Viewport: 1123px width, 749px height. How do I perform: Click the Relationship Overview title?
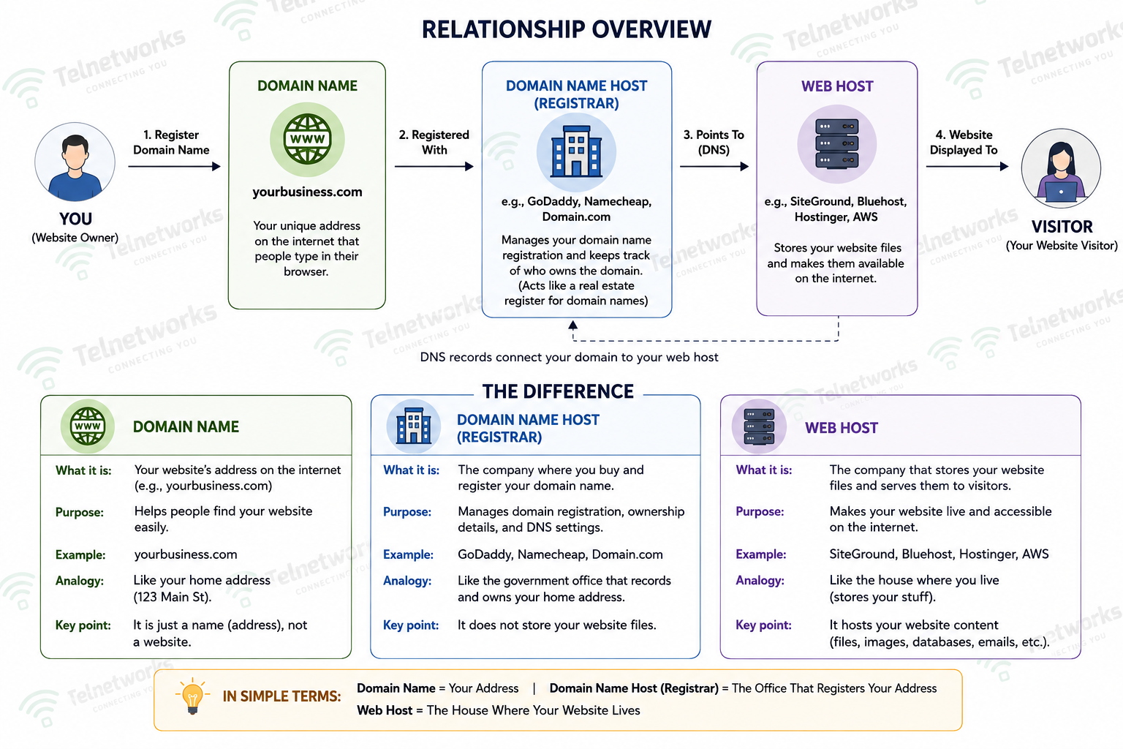click(x=566, y=29)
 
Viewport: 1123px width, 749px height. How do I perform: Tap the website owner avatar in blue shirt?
click(x=75, y=162)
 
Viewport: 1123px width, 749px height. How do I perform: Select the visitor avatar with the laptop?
click(x=1061, y=168)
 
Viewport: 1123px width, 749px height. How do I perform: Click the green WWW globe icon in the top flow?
click(x=307, y=139)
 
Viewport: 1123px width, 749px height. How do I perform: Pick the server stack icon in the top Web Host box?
click(x=836, y=144)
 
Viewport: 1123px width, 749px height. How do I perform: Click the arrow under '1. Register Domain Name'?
click(x=175, y=166)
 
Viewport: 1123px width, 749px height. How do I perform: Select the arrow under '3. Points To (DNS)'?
click(x=714, y=166)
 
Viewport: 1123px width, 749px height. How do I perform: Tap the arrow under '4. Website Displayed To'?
click(x=967, y=166)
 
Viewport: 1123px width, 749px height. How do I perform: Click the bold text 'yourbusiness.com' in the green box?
click(x=307, y=192)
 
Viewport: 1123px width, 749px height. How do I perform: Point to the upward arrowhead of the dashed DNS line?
click(x=573, y=325)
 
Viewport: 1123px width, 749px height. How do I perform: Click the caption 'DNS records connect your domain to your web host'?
click(x=569, y=357)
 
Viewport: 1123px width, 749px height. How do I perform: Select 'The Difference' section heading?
click(x=558, y=391)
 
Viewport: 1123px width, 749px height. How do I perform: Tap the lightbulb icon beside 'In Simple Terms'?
click(x=192, y=696)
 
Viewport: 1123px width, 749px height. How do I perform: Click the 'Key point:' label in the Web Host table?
click(x=763, y=625)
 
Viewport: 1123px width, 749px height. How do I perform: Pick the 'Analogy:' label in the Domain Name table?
click(x=80, y=581)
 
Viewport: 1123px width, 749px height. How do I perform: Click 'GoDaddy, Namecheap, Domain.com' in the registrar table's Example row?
click(x=560, y=554)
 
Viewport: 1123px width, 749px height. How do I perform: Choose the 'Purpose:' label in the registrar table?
click(x=407, y=512)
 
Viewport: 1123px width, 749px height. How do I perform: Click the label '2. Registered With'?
click(x=434, y=143)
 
